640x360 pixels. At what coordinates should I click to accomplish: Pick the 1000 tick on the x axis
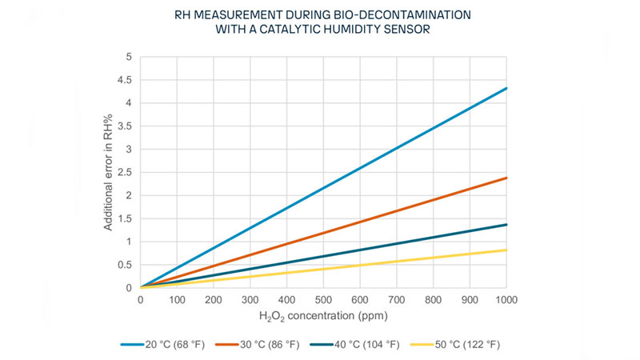pyautogui.click(x=506, y=301)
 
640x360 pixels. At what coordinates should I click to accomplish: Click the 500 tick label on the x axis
pyautogui.click(x=322, y=301)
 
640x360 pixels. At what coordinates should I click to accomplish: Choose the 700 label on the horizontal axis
pyautogui.click(x=396, y=301)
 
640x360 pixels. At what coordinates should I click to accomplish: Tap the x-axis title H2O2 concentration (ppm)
pyautogui.click(x=322, y=318)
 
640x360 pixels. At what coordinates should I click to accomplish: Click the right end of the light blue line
pyautogui.click(x=506, y=88)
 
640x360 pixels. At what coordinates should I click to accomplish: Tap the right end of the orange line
pyautogui.click(x=506, y=178)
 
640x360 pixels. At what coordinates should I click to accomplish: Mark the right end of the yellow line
pyautogui.click(x=506, y=250)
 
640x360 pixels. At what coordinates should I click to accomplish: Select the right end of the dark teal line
pyautogui.click(x=506, y=224)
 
